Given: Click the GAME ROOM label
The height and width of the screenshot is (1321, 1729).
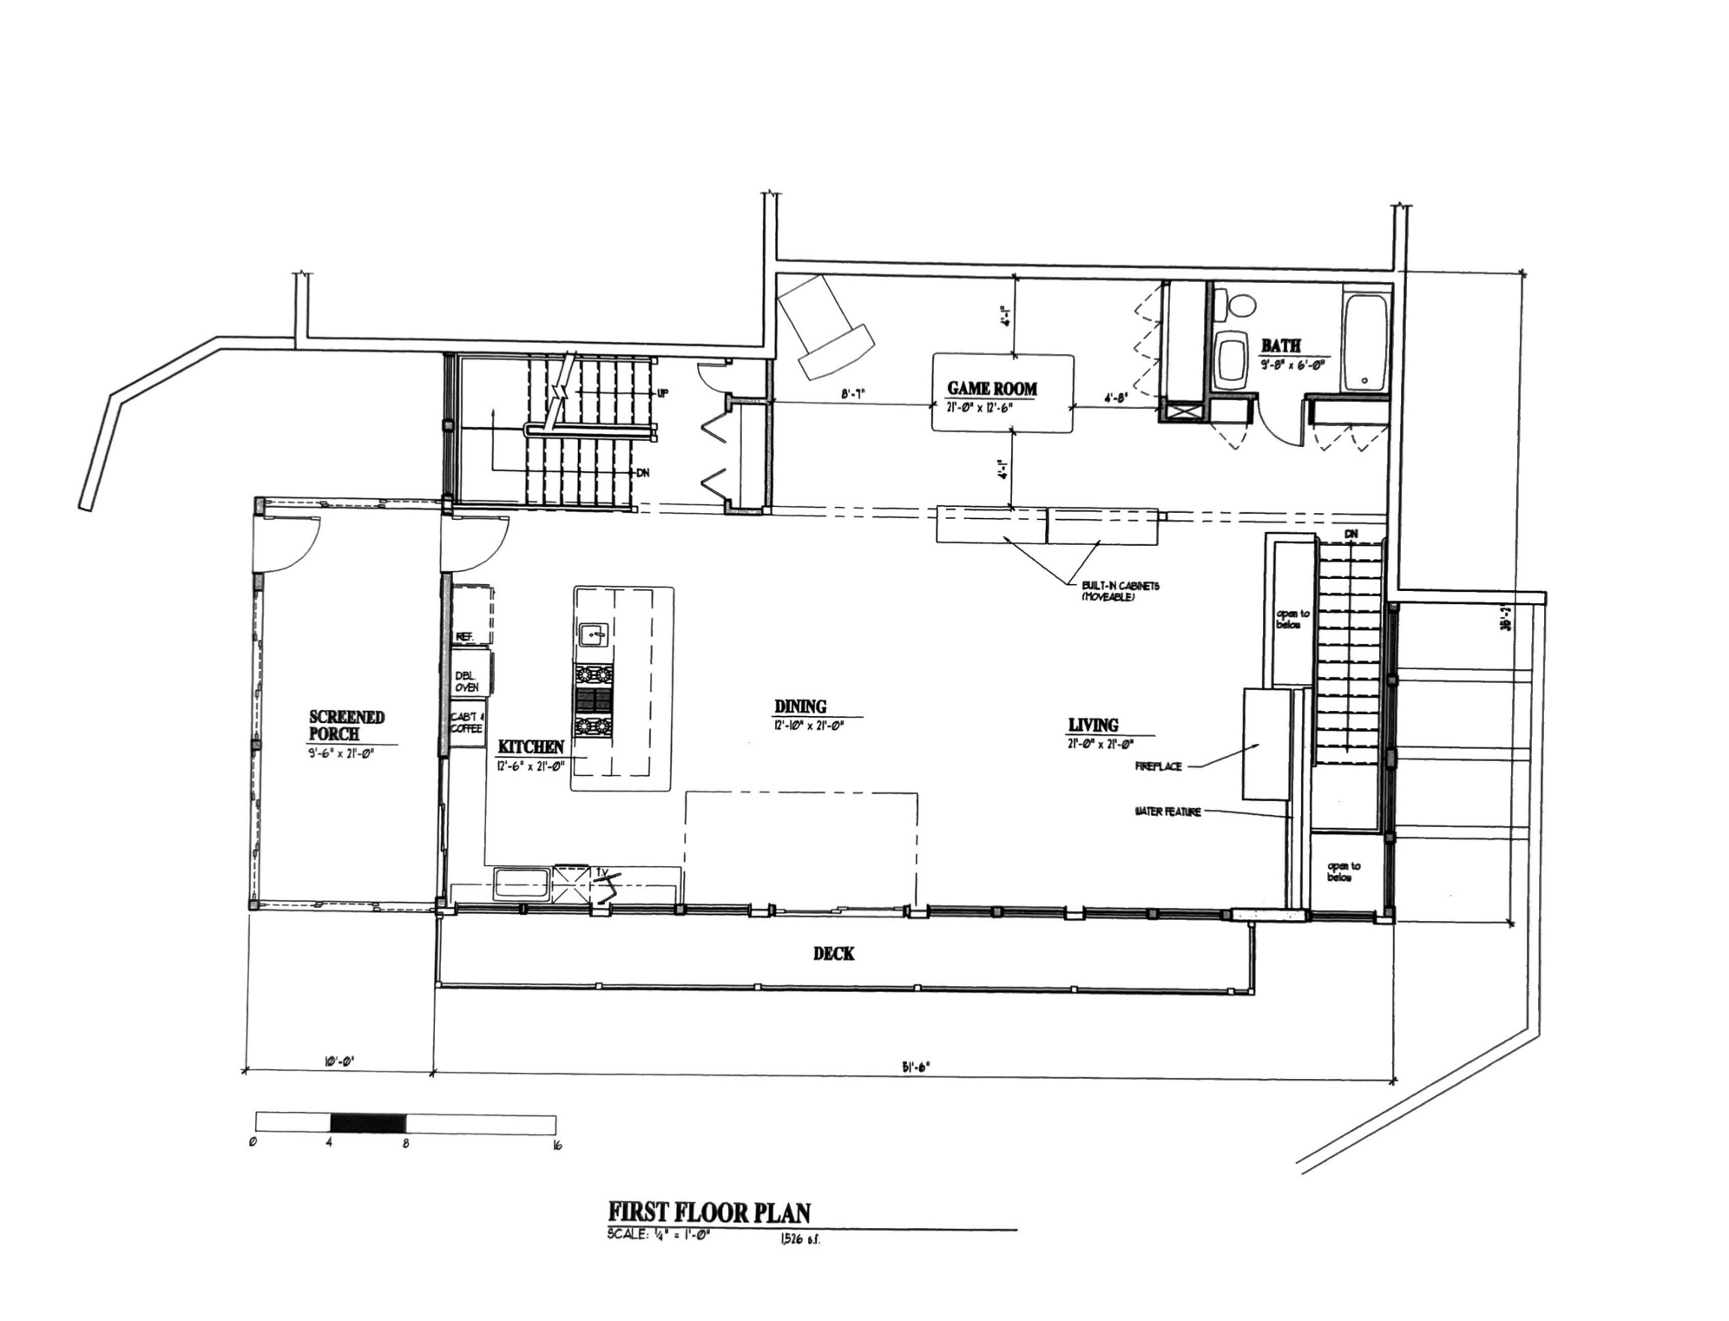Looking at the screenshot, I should point(991,389).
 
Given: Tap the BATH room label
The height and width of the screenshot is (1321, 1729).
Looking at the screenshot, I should point(1280,345).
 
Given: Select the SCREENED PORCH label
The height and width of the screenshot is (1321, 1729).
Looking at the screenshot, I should point(346,725).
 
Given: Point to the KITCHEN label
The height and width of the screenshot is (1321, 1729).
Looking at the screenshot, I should point(530,746).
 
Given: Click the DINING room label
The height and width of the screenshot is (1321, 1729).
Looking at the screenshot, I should point(800,707).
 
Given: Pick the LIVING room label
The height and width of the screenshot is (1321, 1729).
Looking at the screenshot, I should point(1093,725).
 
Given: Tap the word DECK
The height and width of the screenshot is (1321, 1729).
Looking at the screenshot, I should point(833,953).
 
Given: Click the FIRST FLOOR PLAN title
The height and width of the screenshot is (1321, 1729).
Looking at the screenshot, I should point(709,1212).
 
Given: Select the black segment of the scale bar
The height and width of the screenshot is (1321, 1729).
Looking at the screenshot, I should point(368,1122).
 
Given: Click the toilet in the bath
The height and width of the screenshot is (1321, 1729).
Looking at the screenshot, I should point(1239,306).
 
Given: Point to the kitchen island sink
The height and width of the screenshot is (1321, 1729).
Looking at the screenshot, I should point(594,635).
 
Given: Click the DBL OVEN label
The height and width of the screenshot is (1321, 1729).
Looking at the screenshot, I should point(466,681).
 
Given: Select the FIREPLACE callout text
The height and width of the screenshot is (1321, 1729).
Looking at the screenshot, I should point(1158,767).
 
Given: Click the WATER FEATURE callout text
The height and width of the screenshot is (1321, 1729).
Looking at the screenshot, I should point(1167,812).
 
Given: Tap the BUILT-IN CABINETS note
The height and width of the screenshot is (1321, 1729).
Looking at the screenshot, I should point(1120,591).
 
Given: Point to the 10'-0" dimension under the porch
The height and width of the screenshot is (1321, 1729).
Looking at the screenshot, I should point(339,1061).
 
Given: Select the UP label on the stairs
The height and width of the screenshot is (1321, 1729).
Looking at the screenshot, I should point(664,393).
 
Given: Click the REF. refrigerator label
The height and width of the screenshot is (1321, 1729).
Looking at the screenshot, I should point(463,637).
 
